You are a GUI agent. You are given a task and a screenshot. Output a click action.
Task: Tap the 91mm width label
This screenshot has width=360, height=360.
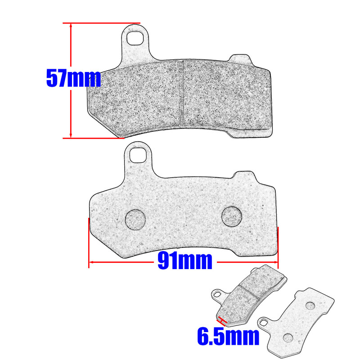tap(184, 261)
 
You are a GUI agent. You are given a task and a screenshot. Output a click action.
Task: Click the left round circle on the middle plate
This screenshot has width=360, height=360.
tap(135, 220)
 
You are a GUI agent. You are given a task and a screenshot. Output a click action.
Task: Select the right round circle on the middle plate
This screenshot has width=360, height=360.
tap(232, 216)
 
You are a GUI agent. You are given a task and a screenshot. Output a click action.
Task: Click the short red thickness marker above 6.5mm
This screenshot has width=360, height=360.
tap(221, 320)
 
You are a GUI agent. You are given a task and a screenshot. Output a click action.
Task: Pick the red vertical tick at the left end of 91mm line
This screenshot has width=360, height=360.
tap(89, 243)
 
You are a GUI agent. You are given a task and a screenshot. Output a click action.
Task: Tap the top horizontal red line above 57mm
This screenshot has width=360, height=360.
tap(101, 22)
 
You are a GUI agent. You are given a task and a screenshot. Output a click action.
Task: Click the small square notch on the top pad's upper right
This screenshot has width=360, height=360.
tap(239, 59)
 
